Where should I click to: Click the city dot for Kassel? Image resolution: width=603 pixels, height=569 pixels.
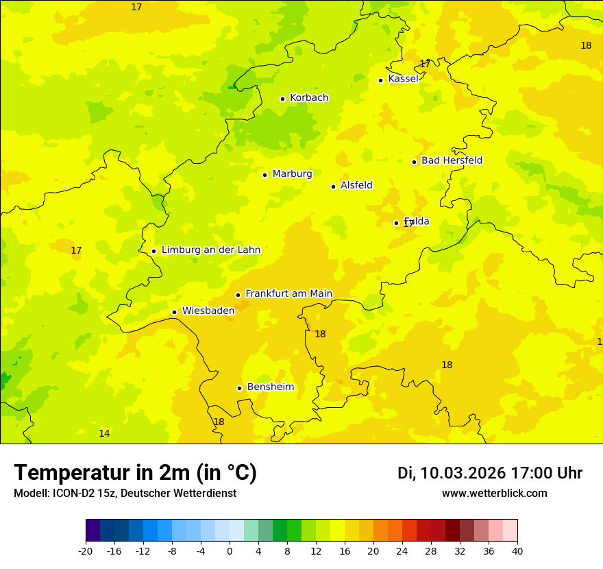(x=380, y=80)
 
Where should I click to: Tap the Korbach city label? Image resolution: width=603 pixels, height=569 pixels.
(x=309, y=98)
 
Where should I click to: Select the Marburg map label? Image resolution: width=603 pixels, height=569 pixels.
(x=292, y=174)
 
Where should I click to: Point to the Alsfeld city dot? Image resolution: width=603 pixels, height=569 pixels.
(x=333, y=186)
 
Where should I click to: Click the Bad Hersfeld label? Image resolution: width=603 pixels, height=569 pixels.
(x=452, y=160)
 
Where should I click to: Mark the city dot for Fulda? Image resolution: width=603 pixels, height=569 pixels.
(x=396, y=223)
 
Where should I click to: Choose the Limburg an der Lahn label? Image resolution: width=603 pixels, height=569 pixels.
(x=210, y=250)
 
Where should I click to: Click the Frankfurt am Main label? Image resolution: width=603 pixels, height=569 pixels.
(x=288, y=294)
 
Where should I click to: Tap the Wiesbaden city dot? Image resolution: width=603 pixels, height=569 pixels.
(x=174, y=312)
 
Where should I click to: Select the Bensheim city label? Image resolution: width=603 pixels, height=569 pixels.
(x=270, y=387)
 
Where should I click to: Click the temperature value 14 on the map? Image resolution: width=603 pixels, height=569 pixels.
(x=104, y=434)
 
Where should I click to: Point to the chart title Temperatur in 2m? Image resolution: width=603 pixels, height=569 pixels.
(x=135, y=473)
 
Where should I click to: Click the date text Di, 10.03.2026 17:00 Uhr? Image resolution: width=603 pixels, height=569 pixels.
(x=489, y=473)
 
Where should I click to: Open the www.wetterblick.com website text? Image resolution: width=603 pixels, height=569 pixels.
(x=494, y=494)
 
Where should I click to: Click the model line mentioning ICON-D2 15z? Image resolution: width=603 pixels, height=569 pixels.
(x=125, y=494)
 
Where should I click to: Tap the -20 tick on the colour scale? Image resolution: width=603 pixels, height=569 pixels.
(x=86, y=551)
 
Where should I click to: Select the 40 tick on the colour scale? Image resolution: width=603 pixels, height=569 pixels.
(x=517, y=551)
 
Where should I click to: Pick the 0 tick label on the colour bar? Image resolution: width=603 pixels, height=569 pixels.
(x=230, y=551)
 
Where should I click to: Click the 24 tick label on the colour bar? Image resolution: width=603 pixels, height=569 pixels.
(x=402, y=551)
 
